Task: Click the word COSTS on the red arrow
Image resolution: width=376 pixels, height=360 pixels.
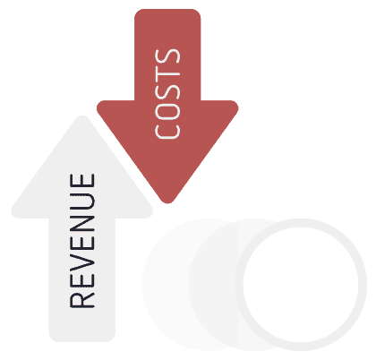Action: click(x=167, y=94)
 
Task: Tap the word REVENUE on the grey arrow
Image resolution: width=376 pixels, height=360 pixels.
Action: click(x=82, y=241)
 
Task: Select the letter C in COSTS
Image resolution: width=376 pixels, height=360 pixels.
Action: click(x=167, y=132)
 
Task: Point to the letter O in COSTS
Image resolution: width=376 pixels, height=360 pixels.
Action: click(x=167, y=112)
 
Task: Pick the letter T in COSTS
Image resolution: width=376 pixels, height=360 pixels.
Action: click(x=167, y=75)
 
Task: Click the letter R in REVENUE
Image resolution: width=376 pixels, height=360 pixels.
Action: click(x=82, y=301)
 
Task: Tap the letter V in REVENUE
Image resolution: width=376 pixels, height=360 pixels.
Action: click(x=82, y=261)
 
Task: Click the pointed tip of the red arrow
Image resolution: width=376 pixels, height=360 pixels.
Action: click(x=167, y=202)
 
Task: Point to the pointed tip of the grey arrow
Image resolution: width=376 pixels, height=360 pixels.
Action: click(x=82, y=116)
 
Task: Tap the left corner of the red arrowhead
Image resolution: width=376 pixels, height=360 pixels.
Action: click(x=98, y=106)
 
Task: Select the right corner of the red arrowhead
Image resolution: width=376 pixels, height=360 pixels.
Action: click(x=236, y=106)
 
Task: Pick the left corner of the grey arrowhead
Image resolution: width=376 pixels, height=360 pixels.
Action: click(x=13, y=212)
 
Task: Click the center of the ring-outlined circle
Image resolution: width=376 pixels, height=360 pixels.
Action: click(x=301, y=285)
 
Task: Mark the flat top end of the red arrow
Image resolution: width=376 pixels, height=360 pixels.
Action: click(x=167, y=10)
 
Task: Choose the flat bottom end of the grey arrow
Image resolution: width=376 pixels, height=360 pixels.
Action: click(x=82, y=340)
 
